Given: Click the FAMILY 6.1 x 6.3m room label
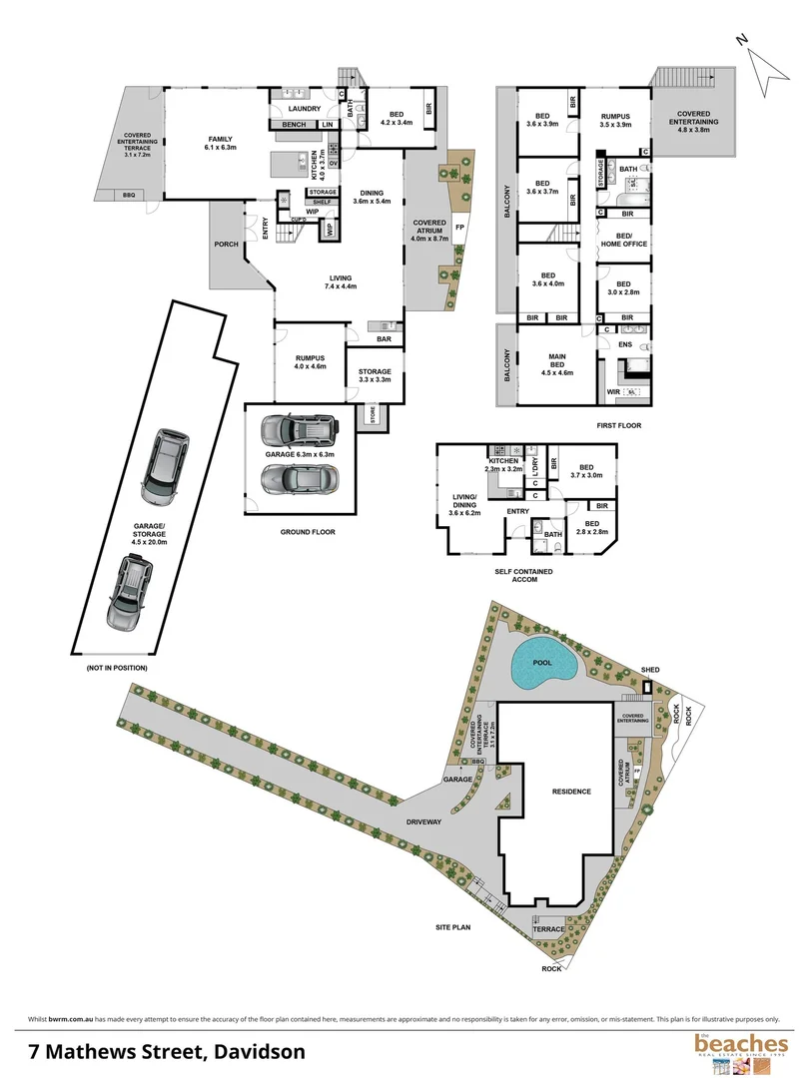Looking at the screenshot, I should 219,145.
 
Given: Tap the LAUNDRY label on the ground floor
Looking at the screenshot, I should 304,108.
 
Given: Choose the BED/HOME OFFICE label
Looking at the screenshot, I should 623,241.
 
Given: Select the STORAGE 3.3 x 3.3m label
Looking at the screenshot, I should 375,375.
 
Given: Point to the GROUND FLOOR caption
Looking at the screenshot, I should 308,532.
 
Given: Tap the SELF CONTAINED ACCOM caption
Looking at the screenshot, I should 524,577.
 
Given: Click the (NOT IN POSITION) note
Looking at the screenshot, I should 116,666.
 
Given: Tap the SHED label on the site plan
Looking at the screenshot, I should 651,670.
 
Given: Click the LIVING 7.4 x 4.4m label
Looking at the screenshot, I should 341,282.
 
